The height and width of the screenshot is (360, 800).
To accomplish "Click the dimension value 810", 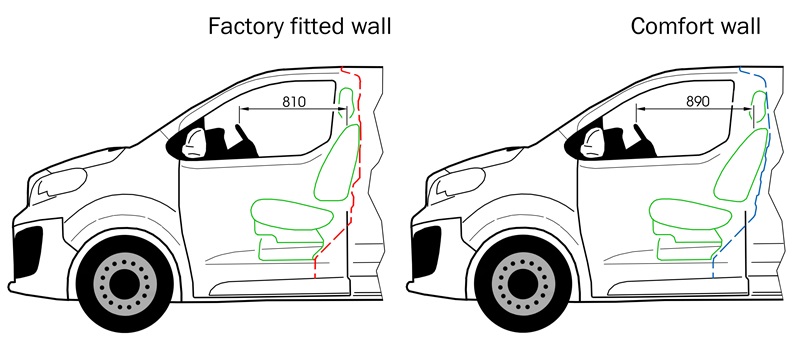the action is (x=293, y=101).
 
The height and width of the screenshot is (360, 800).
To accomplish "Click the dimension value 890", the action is (x=697, y=101).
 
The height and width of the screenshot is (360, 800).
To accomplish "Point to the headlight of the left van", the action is (x=58, y=186).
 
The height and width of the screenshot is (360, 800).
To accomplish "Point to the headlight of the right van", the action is (x=457, y=186).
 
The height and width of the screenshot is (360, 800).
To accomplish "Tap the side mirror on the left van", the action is (x=194, y=142).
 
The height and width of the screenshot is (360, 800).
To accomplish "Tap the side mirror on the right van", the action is (x=592, y=142).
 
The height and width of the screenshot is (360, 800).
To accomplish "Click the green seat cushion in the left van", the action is (x=292, y=213).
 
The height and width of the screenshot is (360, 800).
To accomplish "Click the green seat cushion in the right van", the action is (x=690, y=213).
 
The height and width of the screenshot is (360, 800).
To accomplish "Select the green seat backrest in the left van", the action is (x=338, y=162).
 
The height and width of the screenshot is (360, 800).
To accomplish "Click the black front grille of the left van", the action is (x=28, y=252).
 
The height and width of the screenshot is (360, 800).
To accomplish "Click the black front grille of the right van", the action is (x=427, y=252).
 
